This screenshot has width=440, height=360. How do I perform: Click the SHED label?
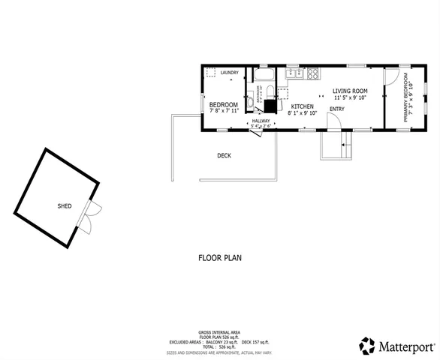click(x=65, y=205)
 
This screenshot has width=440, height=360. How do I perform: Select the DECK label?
click(x=224, y=156)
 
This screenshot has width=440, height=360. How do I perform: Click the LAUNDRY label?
click(x=230, y=73)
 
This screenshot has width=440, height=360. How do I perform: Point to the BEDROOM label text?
click(x=223, y=104)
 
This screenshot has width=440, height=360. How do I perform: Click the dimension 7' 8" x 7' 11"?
click(x=223, y=111)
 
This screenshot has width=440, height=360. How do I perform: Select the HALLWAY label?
click(x=261, y=121)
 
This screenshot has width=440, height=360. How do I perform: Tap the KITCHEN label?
click(x=302, y=106)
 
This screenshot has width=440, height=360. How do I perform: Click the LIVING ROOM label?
click(x=349, y=91)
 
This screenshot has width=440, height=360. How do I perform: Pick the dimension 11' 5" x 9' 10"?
click(x=349, y=97)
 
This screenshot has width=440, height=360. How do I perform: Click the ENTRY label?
click(x=336, y=109)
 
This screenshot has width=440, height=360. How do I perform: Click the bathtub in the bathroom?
click(x=265, y=76)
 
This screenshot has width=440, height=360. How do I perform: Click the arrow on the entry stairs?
click(x=344, y=145)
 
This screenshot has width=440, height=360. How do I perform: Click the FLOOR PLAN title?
click(x=219, y=257)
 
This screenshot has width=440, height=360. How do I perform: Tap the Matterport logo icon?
click(x=367, y=346)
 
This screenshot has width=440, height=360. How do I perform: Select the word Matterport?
click(x=406, y=346)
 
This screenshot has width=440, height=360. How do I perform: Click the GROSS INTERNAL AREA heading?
click(x=219, y=331)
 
